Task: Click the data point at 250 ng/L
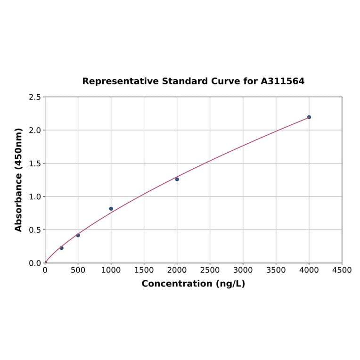click(x=61, y=248)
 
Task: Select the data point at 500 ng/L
click(x=78, y=235)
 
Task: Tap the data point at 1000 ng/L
click(x=111, y=209)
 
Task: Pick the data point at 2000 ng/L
click(x=177, y=179)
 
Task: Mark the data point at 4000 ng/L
click(x=309, y=117)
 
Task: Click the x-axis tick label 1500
click(x=144, y=270)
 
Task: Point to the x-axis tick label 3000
click(x=243, y=270)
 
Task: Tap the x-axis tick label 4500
click(x=342, y=270)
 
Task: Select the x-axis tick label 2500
click(x=210, y=270)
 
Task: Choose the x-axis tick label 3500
click(x=276, y=270)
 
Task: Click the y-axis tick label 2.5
click(x=35, y=97)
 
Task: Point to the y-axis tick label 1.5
click(x=35, y=164)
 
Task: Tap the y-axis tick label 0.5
click(x=35, y=230)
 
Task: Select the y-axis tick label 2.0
click(x=35, y=130)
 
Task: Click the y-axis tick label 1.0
click(x=35, y=196)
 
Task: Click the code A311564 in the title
click(x=283, y=81)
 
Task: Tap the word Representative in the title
click(x=120, y=81)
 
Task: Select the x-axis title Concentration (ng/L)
click(x=193, y=284)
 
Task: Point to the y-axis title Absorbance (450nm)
click(x=19, y=180)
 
